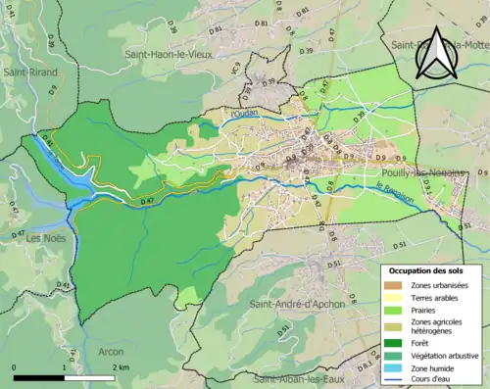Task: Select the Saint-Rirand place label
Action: click(29, 72)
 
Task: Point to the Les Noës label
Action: click(46, 238)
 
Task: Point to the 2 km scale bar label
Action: click(122, 367)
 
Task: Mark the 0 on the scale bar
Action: click(15, 367)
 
